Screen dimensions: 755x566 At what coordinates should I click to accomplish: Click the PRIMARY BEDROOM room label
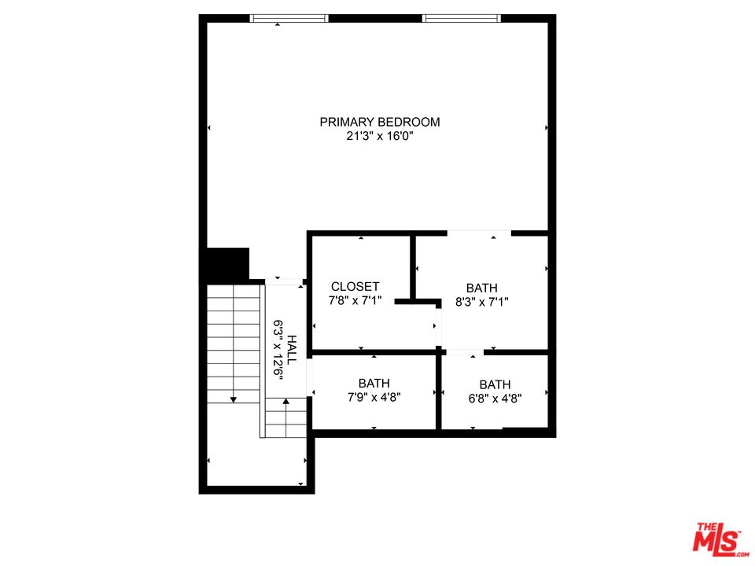380,123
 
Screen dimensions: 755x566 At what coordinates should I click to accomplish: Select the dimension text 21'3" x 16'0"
380,136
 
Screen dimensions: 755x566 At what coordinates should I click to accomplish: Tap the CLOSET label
355,287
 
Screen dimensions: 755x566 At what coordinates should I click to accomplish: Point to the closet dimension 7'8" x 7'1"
355,301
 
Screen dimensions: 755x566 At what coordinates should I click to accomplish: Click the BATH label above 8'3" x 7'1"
482,289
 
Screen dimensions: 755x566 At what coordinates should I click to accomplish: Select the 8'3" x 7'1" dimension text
482,302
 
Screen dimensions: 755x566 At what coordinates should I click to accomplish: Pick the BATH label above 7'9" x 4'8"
374,384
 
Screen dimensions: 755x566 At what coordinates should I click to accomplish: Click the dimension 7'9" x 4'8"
374,398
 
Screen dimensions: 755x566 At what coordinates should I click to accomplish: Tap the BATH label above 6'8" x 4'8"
495,385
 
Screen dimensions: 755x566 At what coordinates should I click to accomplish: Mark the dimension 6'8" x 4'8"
495,399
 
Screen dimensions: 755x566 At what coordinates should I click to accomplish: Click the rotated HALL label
292,349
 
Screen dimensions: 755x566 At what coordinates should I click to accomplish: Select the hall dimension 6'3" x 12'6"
278,350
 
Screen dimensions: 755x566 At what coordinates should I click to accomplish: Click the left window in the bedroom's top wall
289,18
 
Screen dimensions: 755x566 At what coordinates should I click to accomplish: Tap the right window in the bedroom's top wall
462,18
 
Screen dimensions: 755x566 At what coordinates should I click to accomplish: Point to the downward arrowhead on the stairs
234,399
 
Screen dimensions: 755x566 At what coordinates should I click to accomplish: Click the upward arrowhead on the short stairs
286,401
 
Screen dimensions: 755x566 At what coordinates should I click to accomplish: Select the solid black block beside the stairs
227,264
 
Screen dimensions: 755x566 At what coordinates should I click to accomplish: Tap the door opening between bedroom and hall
284,281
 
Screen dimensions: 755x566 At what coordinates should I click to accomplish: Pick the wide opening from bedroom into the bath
479,233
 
